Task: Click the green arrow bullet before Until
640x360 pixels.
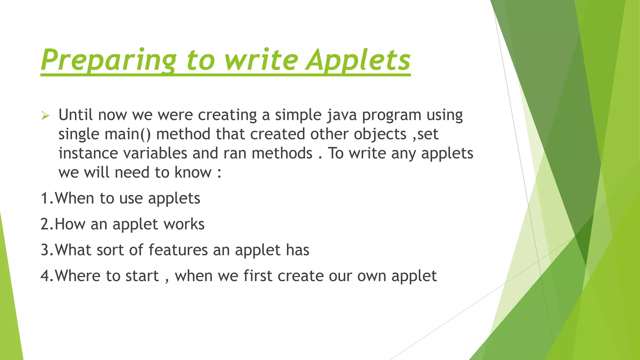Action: pos(45,116)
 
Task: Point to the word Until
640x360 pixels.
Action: pos(75,115)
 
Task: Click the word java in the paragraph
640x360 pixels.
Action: pos(342,115)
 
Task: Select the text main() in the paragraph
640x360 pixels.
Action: pos(127,134)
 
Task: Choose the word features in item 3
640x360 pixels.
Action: pos(178,250)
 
